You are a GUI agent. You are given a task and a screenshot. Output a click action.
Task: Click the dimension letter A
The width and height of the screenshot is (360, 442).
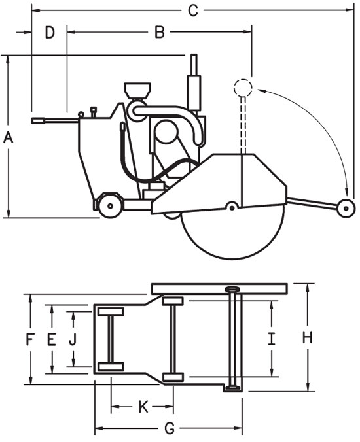(x=9, y=137)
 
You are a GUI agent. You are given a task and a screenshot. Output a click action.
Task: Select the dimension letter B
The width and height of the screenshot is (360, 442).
(x=159, y=32)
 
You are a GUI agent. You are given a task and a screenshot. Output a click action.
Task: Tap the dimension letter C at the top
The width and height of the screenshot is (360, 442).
(x=192, y=10)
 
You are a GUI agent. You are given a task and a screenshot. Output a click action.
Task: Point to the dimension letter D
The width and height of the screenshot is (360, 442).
(x=50, y=32)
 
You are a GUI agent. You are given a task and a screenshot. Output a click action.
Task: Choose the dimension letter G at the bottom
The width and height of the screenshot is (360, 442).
(x=168, y=430)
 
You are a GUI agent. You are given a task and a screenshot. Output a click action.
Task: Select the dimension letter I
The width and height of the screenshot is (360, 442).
(x=270, y=338)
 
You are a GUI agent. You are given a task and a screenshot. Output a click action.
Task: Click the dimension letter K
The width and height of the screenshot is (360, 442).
(x=143, y=408)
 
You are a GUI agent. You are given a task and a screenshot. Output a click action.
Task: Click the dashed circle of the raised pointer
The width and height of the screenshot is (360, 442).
(x=243, y=87)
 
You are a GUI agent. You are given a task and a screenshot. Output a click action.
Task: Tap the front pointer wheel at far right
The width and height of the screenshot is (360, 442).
(x=344, y=207)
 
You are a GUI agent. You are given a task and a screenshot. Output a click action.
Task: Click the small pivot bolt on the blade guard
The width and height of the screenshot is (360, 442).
(x=230, y=207)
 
